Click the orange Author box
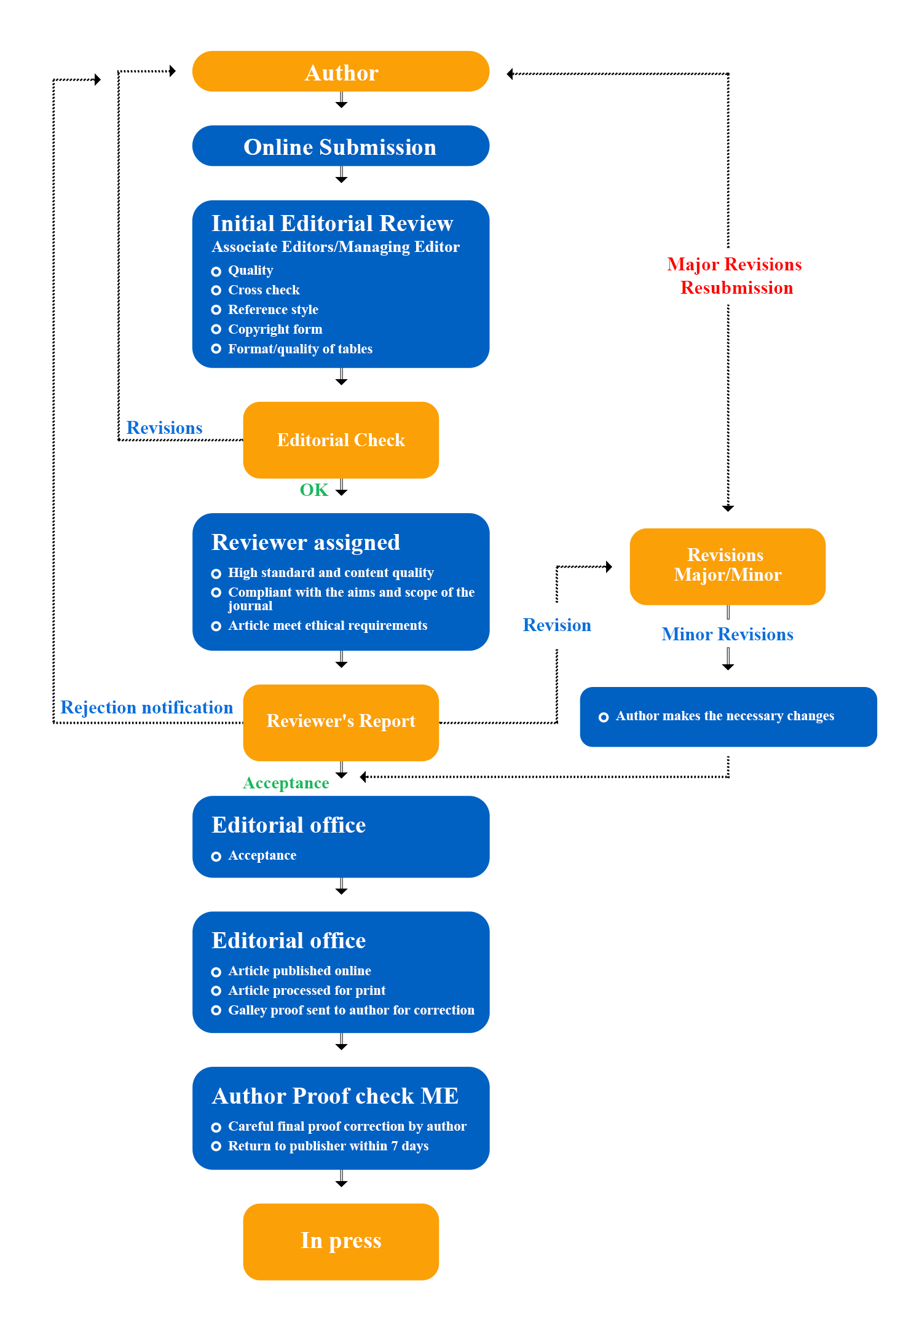coord(341,72)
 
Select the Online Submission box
coord(341,146)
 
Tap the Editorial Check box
coord(341,440)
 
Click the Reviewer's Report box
coord(341,721)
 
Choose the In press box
coord(341,1241)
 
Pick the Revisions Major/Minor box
coord(727,565)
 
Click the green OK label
coord(313,490)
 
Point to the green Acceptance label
coord(286,783)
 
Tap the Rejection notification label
coord(146,707)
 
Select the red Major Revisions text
coord(735,264)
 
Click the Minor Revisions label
coord(727,634)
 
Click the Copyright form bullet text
coord(275,329)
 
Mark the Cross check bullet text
coord(264,290)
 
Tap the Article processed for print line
coord(307,991)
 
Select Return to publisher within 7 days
coord(328,1146)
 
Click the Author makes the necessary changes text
coord(725,716)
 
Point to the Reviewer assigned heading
coord(305,542)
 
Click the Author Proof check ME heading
coord(335,1096)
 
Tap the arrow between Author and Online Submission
coord(341,101)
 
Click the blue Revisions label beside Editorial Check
coord(164,428)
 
